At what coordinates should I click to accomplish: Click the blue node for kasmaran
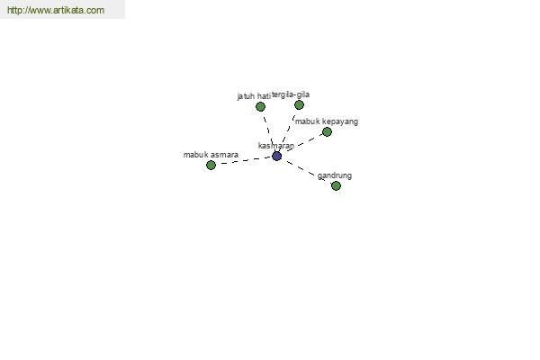(276, 156)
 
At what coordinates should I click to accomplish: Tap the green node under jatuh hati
(260, 107)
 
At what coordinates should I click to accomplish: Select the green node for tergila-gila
(299, 104)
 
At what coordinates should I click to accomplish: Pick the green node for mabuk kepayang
(327, 131)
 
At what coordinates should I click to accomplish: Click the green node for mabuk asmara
(211, 166)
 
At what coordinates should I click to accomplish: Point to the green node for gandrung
(336, 185)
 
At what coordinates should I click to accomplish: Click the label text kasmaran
(276, 146)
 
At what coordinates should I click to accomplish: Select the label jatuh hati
(254, 96)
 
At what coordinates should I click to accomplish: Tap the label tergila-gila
(291, 94)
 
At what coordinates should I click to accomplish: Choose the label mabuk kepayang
(327, 121)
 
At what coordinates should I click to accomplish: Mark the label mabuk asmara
(211, 155)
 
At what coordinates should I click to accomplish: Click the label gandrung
(335, 175)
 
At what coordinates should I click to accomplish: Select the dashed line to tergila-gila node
(288, 130)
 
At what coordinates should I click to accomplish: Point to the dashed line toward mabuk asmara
(244, 160)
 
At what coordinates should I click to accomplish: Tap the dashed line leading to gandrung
(306, 171)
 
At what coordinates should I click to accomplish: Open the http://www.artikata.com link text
(56, 10)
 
